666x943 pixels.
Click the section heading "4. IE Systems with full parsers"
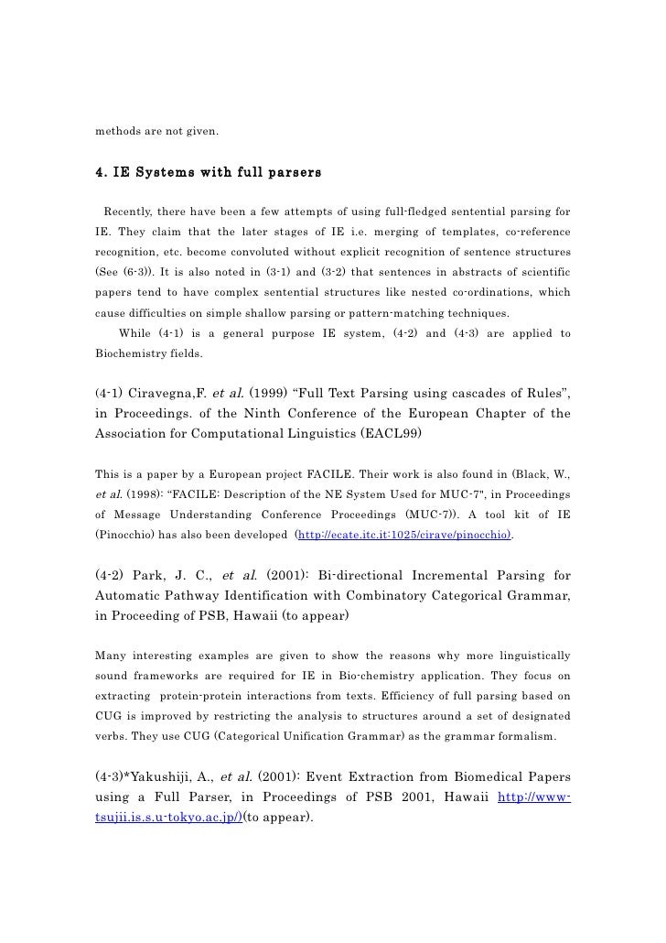(208, 171)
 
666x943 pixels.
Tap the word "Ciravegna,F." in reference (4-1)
(179, 394)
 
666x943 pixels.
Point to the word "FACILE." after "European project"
(349, 473)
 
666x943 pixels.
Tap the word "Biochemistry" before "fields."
(130, 352)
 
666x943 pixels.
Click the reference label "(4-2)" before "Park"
(115, 575)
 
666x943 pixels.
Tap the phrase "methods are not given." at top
(157, 132)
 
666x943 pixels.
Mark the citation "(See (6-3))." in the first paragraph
(129, 273)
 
